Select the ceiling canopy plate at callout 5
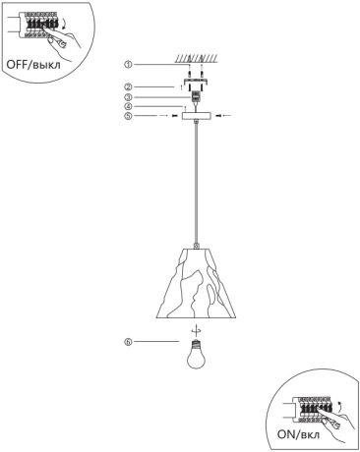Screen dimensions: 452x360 197,116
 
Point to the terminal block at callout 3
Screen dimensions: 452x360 197,97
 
